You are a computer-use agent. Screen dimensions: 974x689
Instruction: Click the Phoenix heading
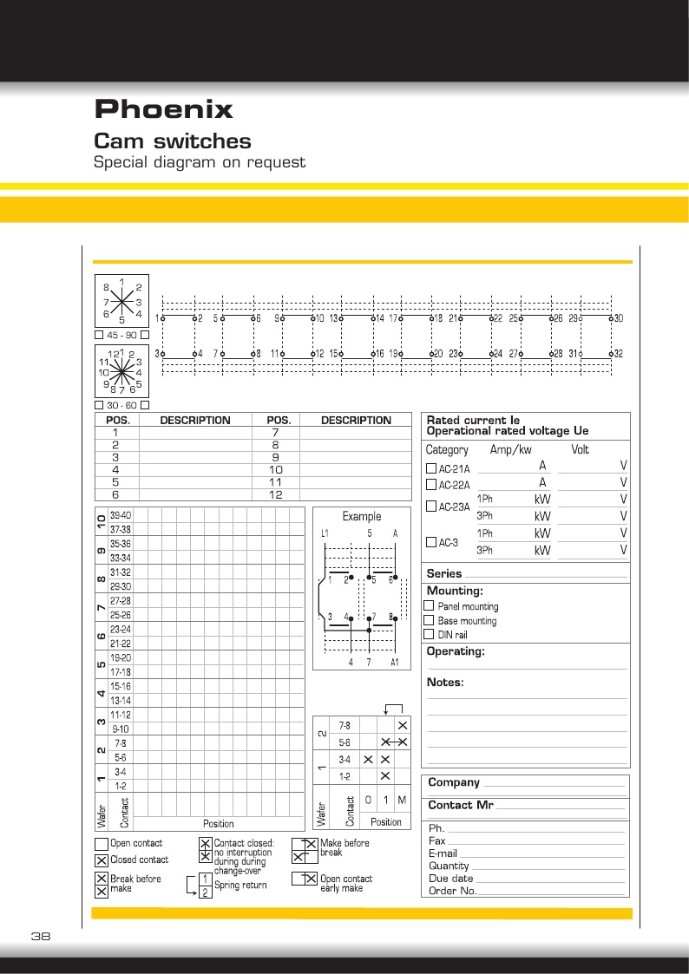pos(163,110)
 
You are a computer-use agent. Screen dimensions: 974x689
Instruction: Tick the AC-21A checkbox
pos(431,469)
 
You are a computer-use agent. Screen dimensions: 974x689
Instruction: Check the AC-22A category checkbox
pos(431,484)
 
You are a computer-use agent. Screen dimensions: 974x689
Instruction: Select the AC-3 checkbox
pos(431,542)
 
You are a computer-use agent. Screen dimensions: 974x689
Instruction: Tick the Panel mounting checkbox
pos(429,606)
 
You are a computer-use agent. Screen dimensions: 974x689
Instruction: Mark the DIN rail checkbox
pos(429,634)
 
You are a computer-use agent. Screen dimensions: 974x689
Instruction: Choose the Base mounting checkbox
pos(429,620)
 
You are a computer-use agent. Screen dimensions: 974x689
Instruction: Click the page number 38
pos(41,936)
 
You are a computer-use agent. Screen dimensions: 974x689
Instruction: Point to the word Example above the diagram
pos(362,516)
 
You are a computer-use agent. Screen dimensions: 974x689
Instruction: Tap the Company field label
pos(454,783)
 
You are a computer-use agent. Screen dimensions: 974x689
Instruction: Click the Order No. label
pos(453,891)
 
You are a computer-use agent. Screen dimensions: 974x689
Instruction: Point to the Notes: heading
pos(446,683)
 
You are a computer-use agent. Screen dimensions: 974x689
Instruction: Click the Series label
pos(443,573)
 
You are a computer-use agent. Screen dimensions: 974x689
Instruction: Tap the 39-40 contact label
pos(121,514)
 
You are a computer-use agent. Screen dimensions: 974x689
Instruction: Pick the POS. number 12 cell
pos(275,494)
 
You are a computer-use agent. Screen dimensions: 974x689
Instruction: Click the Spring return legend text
pos(240,886)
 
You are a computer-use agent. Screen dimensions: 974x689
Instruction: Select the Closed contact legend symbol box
pos(102,860)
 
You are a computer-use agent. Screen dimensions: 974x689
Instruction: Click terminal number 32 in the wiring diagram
pos(619,354)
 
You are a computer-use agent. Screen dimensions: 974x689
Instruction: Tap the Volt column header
pos(580,450)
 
